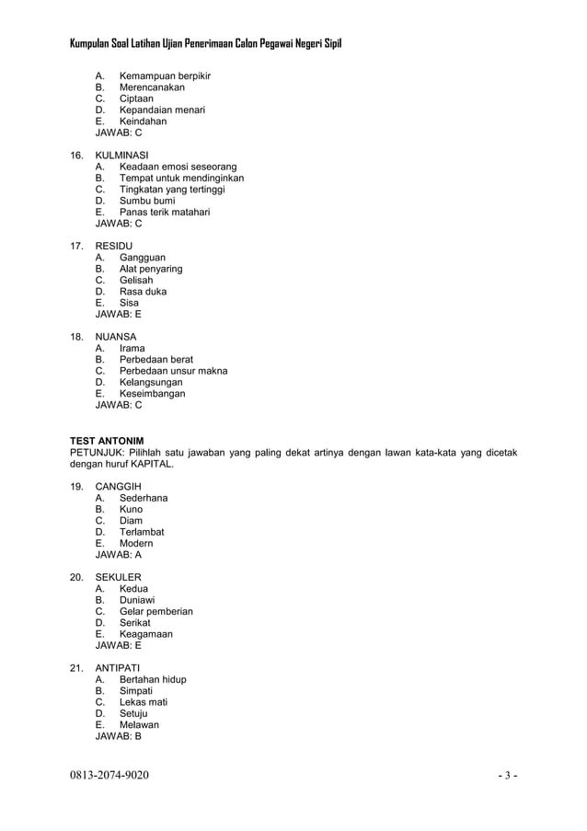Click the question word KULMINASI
(x=122, y=156)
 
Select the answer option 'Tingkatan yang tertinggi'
(x=171, y=190)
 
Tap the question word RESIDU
(x=114, y=246)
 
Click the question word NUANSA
(x=116, y=337)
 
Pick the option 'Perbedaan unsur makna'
(x=173, y=371)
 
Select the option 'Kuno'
(x=131, y=509)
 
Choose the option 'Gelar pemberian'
(x=155, y=611)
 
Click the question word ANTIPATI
(x=119, y=667)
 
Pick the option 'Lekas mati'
(x=143, y=702)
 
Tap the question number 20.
(x=77, y=577)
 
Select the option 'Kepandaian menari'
(x=162, y=110)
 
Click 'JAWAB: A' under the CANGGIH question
(x=119, y=555)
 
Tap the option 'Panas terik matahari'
(x=164, y=212)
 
